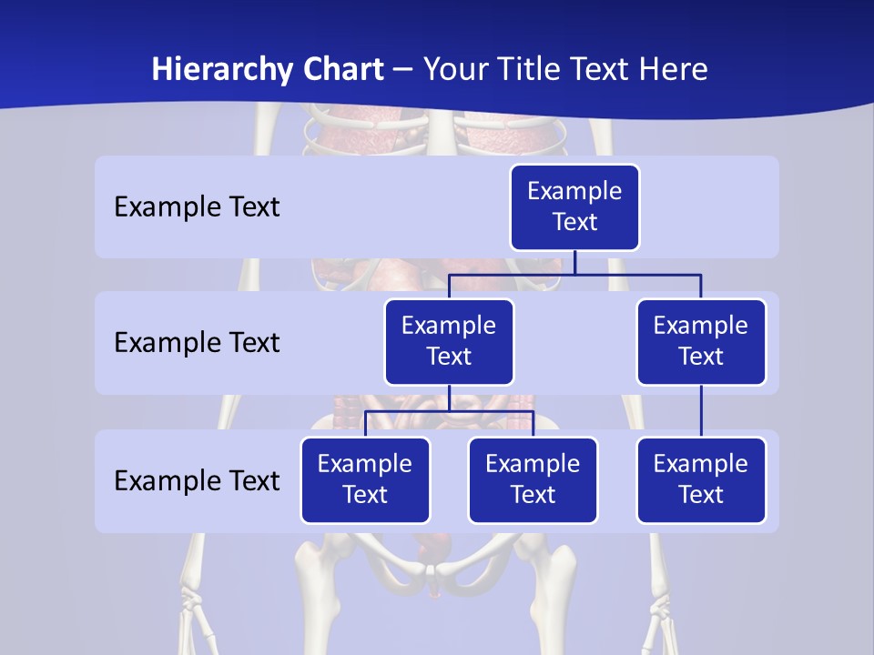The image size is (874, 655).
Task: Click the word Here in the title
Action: [x=671, y=70]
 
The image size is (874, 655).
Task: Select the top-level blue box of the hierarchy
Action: [x=574, y=207]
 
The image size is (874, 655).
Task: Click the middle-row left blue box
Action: [x=449, y=342]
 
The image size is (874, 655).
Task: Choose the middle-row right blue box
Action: [x=701, y=342]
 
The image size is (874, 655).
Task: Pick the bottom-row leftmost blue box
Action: [x=365, y=480]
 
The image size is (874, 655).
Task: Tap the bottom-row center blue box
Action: [x=533, y=480]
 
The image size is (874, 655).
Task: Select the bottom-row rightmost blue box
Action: [x=701, y=480]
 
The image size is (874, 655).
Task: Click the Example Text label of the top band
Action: [x=197, y=207]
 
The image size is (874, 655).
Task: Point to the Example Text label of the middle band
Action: [x=197, y=343]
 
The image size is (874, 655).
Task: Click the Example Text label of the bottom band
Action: [x=197, y=481]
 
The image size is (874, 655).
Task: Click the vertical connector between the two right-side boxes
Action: [x=701, y=411]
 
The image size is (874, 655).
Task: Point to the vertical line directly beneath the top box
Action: [x=574, y=263]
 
